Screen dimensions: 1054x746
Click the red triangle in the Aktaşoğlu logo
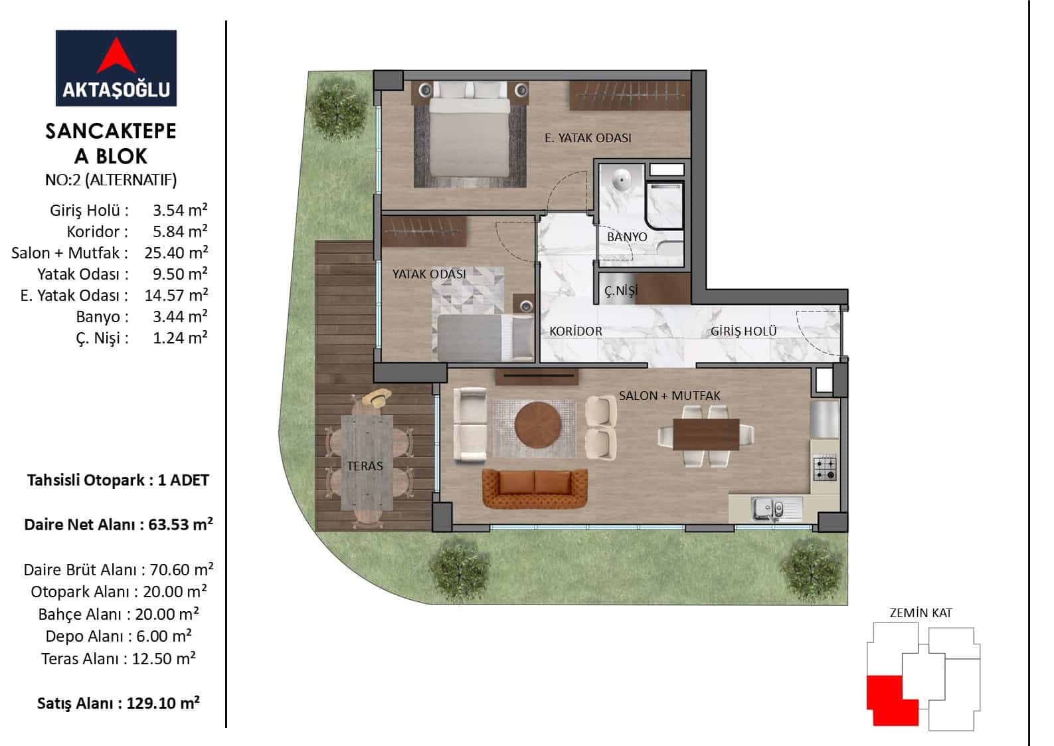coord(116,57)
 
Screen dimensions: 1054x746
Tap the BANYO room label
coord(627,236)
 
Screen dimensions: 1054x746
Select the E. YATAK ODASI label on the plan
coord(588,138)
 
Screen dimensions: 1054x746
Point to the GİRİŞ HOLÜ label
coord(743,331)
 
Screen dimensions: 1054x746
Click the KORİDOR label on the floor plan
coord(575,331)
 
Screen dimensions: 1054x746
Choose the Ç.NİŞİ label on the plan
coord(620,291)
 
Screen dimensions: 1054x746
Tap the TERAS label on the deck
coord(365,466)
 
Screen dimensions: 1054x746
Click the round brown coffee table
coord(538,425)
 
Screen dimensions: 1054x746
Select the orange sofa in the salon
coord(535,488)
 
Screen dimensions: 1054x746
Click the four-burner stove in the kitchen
coord(825,468)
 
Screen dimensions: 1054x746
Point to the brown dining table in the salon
coord(706,434)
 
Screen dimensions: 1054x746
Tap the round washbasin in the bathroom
coord(622,180)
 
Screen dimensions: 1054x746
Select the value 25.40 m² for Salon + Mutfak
coord(176,252)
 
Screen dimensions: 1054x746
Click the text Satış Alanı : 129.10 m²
coord(118,703)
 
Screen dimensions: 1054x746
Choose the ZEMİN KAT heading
coord(921,613)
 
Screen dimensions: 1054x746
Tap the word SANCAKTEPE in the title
coord(110,132)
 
